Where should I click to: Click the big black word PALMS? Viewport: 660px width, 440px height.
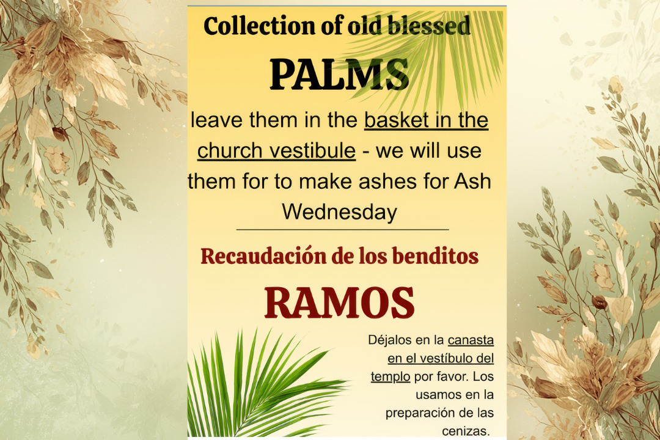(339, 74)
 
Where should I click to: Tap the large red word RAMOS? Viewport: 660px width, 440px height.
(339, 303)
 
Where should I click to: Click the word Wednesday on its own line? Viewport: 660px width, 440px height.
(339, 212)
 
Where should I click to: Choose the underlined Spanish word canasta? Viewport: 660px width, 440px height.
(471, 340)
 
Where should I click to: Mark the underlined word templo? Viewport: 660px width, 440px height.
(390, 376)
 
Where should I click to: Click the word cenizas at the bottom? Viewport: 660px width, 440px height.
(466, 431)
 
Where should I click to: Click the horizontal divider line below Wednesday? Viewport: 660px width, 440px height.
(342, 230)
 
